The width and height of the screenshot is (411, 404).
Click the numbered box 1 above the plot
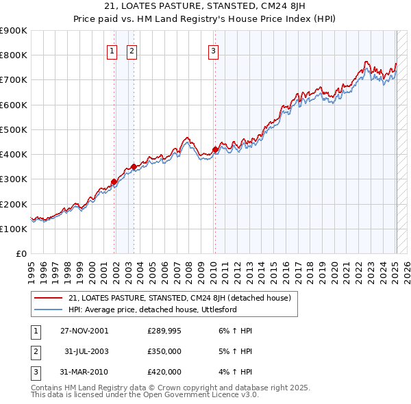111,50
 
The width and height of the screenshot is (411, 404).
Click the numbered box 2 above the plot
131,50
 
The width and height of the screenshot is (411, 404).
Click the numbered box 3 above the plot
213,50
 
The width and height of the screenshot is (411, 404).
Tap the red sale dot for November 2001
114,181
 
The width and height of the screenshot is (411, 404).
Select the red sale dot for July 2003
134,166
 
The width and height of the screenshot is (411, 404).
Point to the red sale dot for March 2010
215,149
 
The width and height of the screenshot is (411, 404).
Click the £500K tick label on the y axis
14,129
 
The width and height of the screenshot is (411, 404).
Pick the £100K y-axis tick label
14,229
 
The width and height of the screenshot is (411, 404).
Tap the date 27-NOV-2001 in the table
84,331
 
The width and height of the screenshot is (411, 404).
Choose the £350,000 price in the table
164,351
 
